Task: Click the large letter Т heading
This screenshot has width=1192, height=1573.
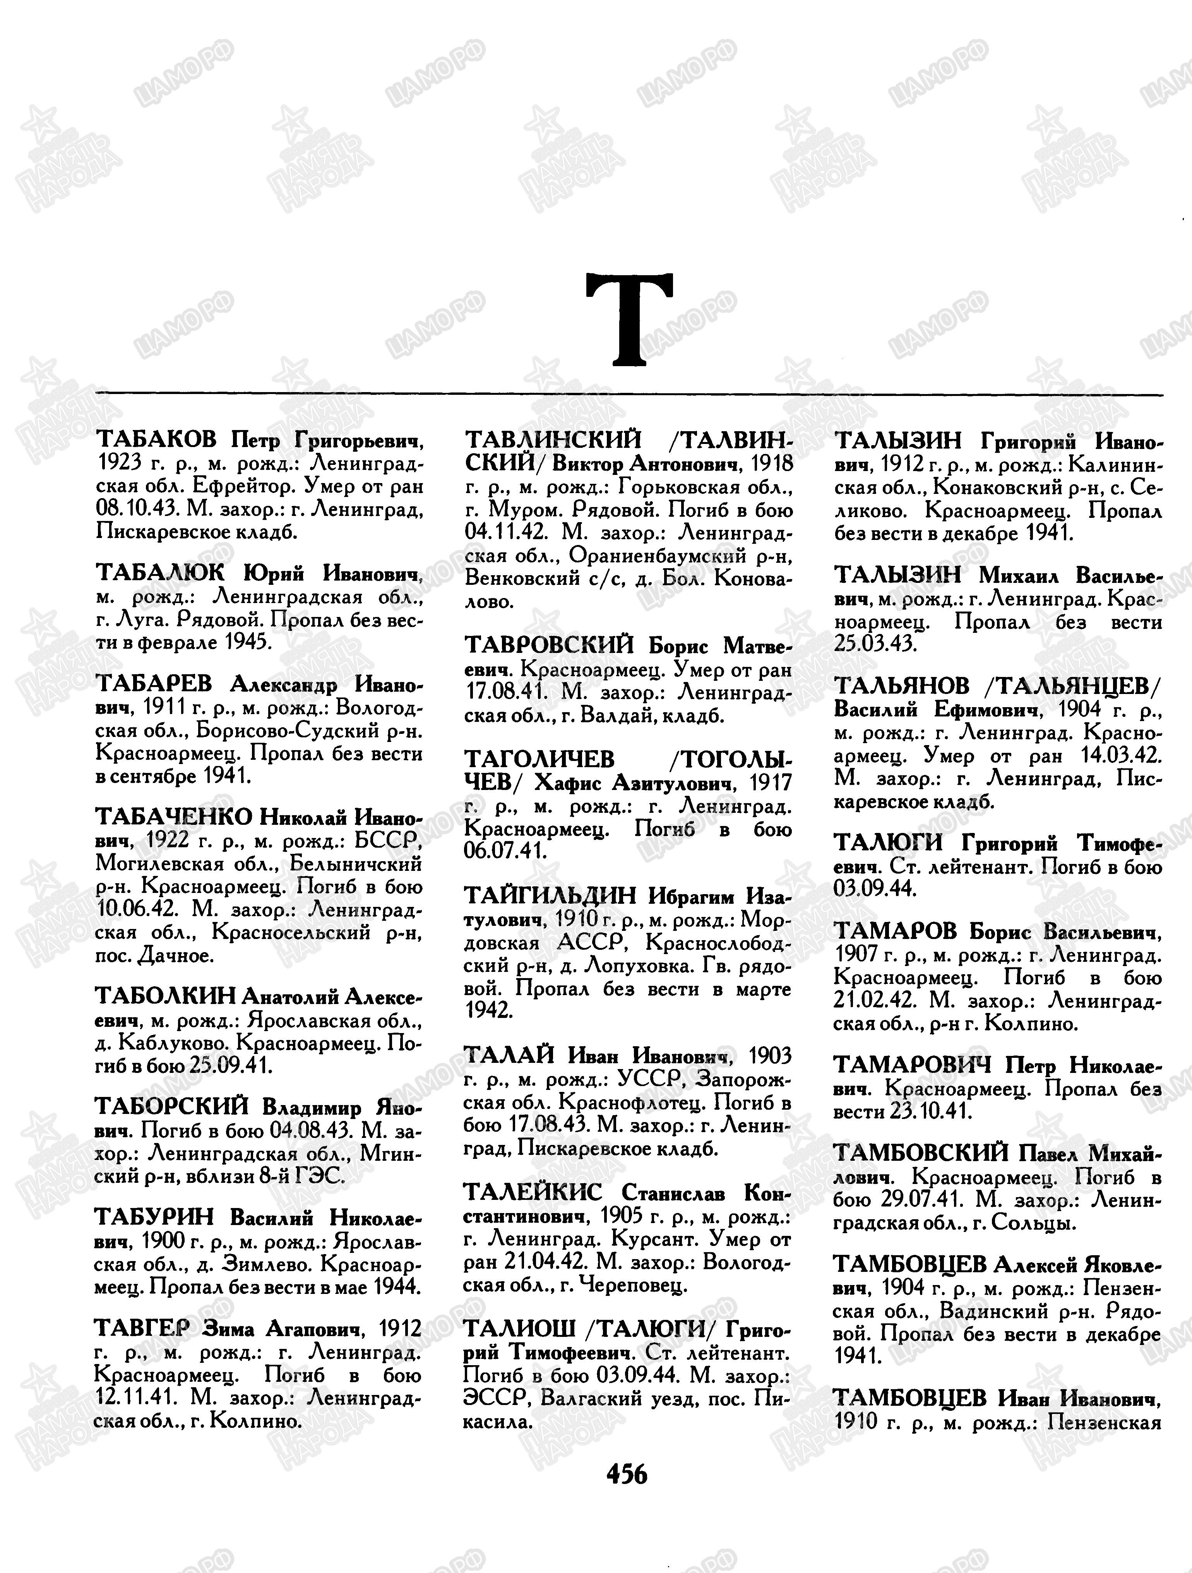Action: tap(629, 319)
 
